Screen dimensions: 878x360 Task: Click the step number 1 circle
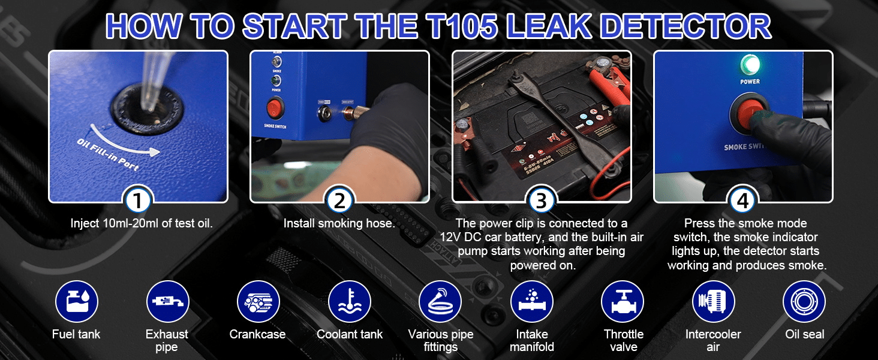[x=137, y=200]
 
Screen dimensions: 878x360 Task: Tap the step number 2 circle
[x=339, y=200]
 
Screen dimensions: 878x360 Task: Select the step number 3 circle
[x=542, y=200]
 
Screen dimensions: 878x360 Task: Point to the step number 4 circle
[x=743, y=200]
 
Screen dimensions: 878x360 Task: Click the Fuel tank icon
[x=77, y=302]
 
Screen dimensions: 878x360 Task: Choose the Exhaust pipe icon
[x=168, y=302]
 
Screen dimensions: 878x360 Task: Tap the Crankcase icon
[x=258, y=302]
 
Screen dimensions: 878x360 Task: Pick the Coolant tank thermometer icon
[x=350, y=302]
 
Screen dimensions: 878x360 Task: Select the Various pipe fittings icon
[x=440, y=302]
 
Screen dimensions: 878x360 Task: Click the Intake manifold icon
[x=532, y=302]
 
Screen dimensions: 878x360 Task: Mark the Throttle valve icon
[x=623, y=302]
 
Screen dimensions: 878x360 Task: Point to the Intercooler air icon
[x=714, y=302]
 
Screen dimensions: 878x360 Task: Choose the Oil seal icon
[x=804, y=302]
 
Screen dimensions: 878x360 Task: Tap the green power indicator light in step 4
[x=750, y=65]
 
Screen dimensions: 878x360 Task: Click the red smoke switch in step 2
[x=275, y=108]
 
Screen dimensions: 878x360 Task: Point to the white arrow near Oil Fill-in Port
[x=122, y=143]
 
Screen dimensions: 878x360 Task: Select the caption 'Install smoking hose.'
[x=339, y=223]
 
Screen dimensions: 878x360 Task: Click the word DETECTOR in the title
[x=686, y=26]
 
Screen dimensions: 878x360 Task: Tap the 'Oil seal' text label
[x=805, y=334]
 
